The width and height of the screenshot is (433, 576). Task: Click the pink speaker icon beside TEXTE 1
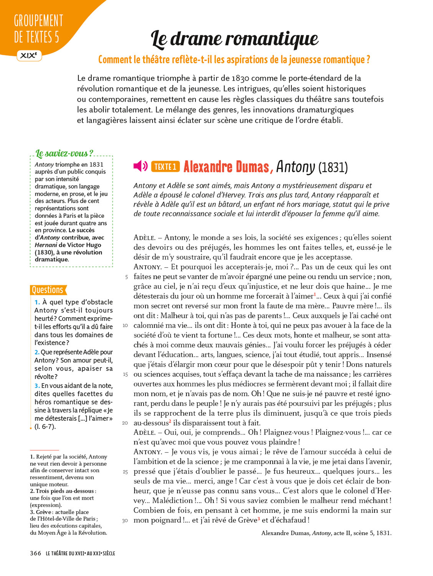click(x=140, y=166)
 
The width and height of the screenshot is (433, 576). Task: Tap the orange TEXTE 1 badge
click(x=165, y=167)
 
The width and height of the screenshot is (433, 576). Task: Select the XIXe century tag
click(x=29, y=55)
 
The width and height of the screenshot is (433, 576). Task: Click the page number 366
click(x=35, y=553)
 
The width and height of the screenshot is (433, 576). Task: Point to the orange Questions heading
click(x=48, y=290)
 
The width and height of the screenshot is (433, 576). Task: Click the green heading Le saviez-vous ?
click(x=64, y=154)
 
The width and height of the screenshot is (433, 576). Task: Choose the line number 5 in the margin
click(x=126, y=277)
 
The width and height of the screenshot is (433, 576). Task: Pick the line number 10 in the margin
click(x=125, y=326)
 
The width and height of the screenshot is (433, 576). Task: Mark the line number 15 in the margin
click(x=125, y=374)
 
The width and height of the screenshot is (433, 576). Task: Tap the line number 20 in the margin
click(x=125, y=423)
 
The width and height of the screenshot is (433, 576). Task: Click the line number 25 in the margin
click(x=125, y=472)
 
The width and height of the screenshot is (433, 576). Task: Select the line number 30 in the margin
click(x=125, y=521)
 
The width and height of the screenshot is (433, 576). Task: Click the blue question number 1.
click(x=37, y=302)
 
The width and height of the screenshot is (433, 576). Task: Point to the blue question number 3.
click(x=37, y=386)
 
